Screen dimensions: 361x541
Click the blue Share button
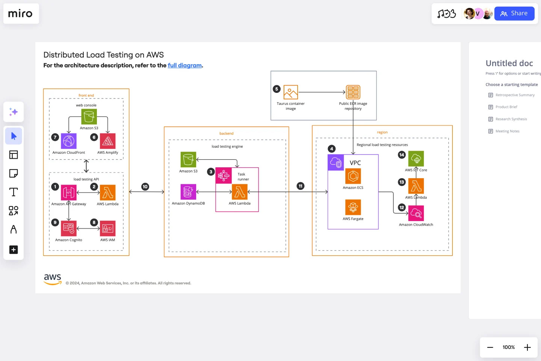pos(514,14)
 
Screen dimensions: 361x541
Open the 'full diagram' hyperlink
pos(184,65)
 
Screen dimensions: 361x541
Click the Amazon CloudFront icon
pos(69,141)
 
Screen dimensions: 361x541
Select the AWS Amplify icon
pos(108,141)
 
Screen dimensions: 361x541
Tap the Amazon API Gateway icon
pos(69,193)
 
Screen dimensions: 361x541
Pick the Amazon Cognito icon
pos(69,228)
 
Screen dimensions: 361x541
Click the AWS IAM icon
pos(108,228)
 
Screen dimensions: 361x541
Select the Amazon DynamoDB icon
pos(188,192)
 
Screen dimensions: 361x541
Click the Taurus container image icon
pos(291,92)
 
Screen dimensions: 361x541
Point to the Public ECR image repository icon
pos(353,92)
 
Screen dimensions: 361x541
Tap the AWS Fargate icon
pos(353,207)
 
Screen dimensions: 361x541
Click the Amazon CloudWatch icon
pos(416,213)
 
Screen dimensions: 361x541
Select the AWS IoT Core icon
pos(416,159)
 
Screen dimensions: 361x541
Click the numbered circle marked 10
pos(145,187)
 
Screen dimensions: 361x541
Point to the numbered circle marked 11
pos(301,186)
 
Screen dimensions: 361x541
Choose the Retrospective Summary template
pos(515,95)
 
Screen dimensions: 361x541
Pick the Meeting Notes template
pos(507,131)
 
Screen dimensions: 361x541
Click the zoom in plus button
pos(527,347)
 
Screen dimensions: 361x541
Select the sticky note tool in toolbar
pos(14,173)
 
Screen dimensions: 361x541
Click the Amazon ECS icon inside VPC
pos(353,176)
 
